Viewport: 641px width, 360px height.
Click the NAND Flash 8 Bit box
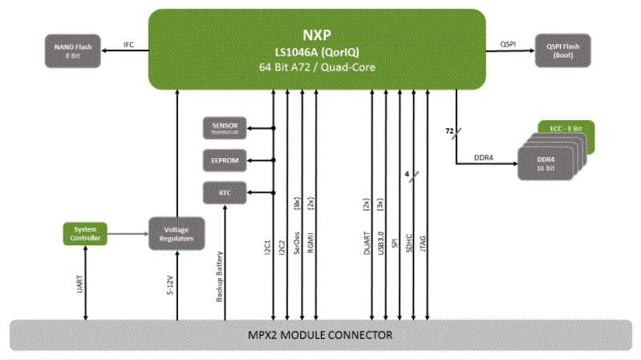tap(73, 50)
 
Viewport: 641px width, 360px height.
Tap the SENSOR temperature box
tap(225, 127)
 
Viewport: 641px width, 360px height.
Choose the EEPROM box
tap(225, 160)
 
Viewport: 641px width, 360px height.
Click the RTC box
tap(225, 192)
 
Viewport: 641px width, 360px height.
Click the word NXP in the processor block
tap(318, 35)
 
